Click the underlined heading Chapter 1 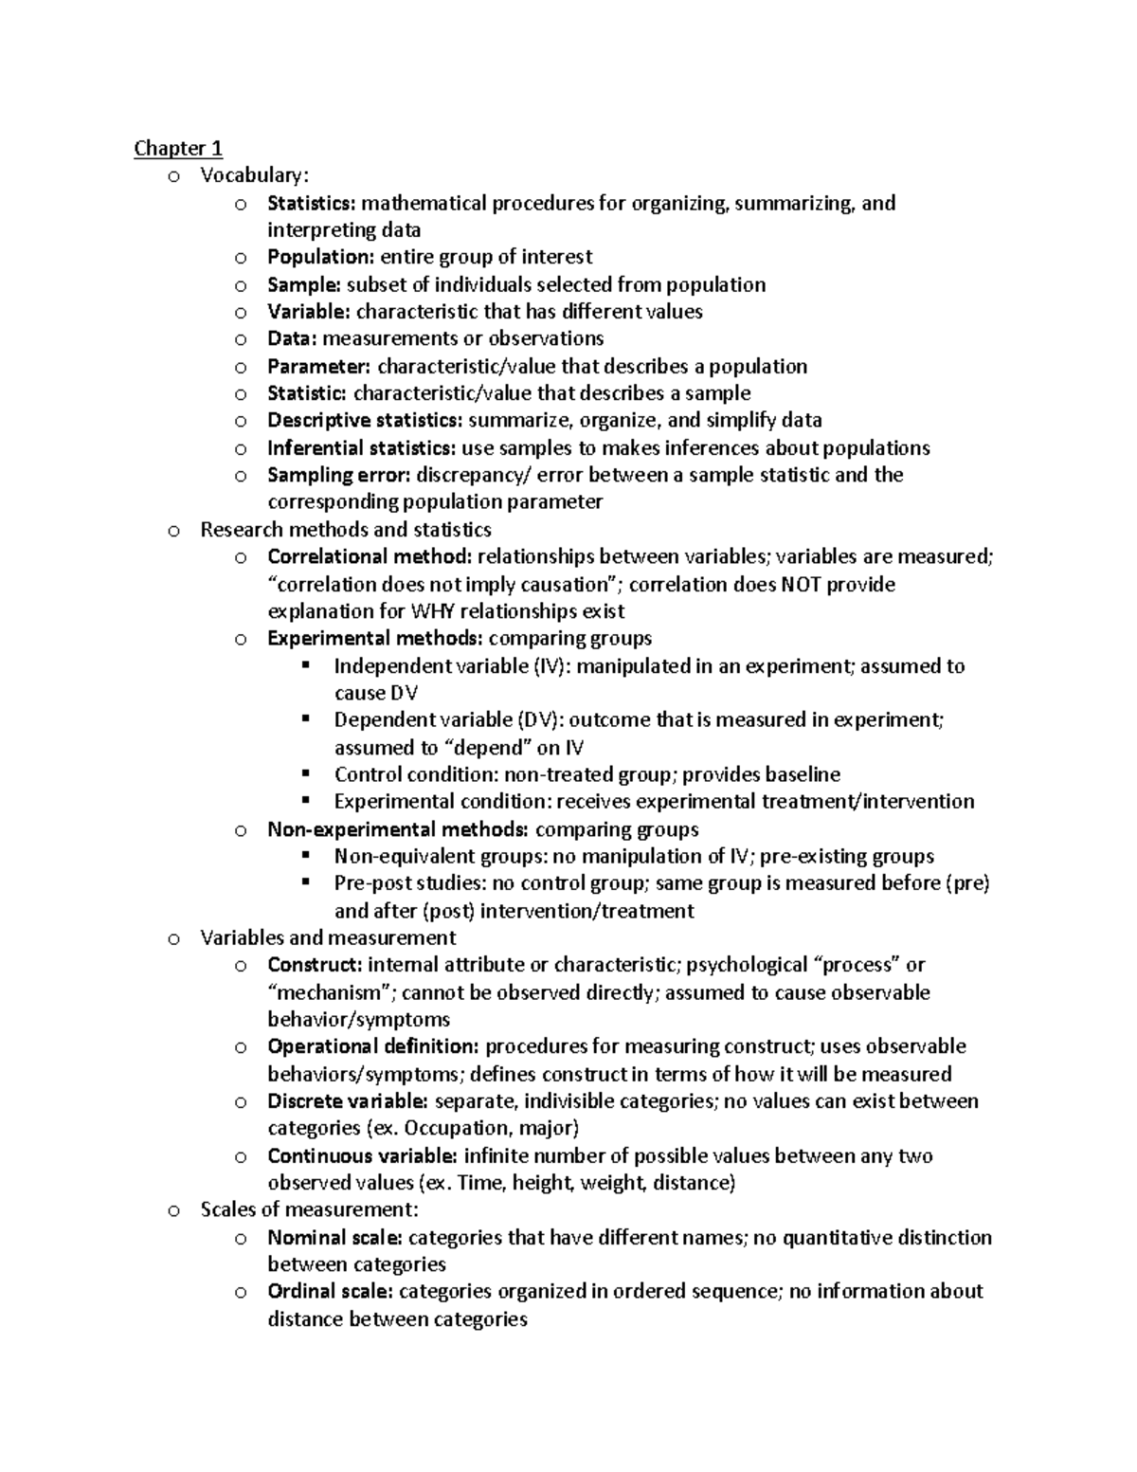tap(178, 148)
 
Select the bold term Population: tap(321, 257)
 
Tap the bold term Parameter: tap(319, 366)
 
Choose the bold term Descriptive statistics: tap(365, 420)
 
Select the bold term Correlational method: tap(370, 556)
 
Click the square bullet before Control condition tap(305, 773)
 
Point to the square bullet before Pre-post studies tap(305, 882)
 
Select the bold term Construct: tap(315, 965)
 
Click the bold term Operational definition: tap(373, 1046)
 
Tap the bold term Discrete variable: tap(348, 1101)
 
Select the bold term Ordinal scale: tap(331, 1291)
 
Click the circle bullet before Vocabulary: tap(172, 176)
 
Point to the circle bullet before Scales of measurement tap(172, 1210)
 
